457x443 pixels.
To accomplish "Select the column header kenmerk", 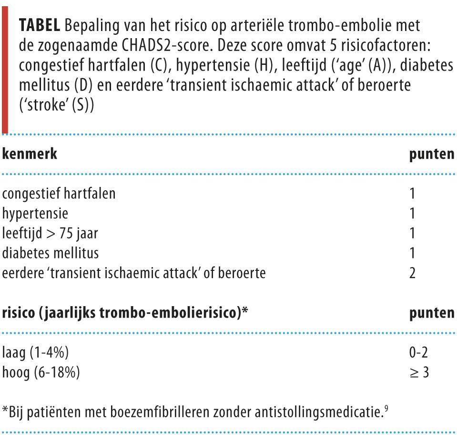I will (30, 155).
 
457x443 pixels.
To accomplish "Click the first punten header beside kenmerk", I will (431, 155).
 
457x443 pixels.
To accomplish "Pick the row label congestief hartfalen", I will (59, 194).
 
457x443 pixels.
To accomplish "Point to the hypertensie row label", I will (35, 214).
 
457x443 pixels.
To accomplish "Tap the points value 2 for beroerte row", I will (413, 273).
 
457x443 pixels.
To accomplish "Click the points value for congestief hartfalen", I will (413, 194).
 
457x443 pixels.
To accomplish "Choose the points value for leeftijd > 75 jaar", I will (413, 234).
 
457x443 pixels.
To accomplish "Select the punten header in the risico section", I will (431, 313).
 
